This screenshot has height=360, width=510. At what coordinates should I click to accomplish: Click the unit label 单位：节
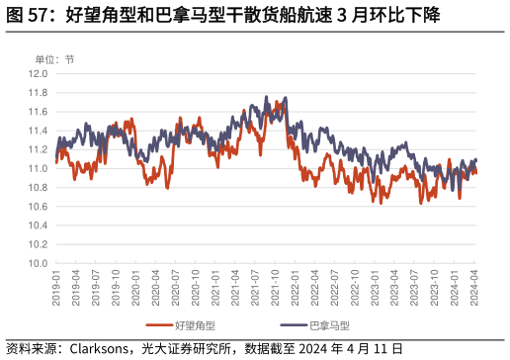(54, 59)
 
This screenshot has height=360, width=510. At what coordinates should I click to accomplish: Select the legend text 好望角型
(195, 324)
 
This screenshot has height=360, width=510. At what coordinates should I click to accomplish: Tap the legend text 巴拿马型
(329, 324)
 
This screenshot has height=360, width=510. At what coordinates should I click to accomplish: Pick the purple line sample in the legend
(294, 324)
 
